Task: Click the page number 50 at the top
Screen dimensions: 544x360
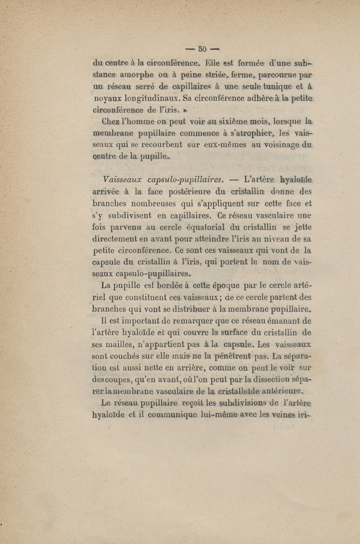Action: (x=202, y=49)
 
